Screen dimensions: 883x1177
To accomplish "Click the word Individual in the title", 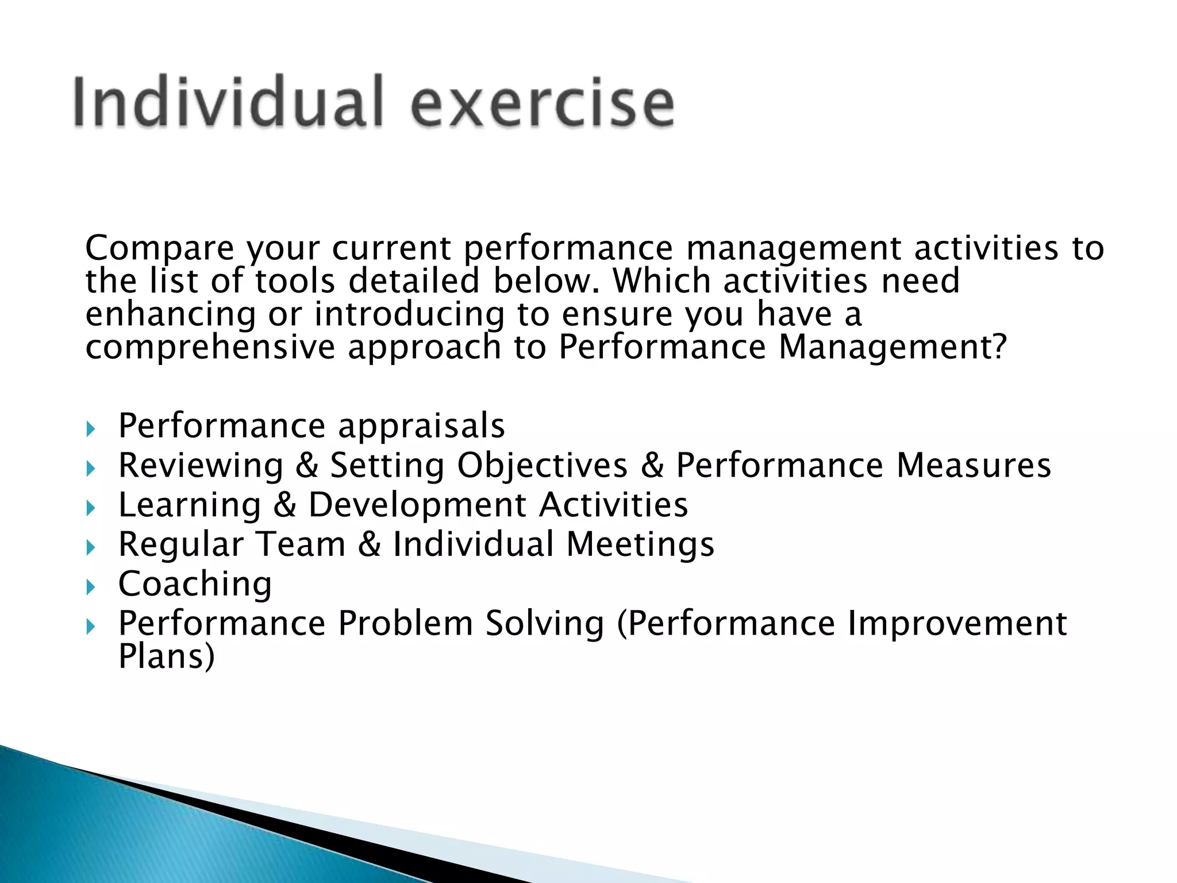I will [228, 102].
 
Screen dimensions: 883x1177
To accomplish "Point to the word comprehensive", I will [210, 347].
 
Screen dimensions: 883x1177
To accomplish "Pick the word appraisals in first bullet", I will [421, 426].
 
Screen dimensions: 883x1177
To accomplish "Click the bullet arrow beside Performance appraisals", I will [90, 429].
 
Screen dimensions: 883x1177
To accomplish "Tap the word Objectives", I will [542, 466].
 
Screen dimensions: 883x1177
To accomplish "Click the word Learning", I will [190, 505].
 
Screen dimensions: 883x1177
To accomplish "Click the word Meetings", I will [640, 545].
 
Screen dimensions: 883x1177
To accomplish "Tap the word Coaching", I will [195, 584].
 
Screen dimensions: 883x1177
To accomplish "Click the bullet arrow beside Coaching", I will [90, 587].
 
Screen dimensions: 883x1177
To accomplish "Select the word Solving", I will [544, 624].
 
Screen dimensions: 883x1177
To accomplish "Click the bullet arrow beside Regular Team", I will [90, 547].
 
